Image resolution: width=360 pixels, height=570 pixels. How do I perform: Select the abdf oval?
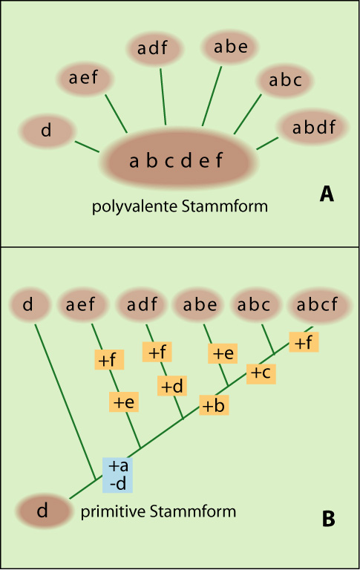click(x=313, y=127)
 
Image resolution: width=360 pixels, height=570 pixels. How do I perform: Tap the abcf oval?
click(x=317, y=304)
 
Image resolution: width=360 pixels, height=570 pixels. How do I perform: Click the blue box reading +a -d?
click(x=117, y=475)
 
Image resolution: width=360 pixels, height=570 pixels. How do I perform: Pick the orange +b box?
click(x=214, y=405)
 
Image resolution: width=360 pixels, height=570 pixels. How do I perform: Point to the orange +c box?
click(x=261, y=374)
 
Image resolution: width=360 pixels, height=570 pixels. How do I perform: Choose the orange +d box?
click(x=172, y=386)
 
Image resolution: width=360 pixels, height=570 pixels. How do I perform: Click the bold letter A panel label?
click(x=327, y=194)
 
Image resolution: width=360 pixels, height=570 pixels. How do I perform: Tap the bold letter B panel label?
click(x=328, y=519)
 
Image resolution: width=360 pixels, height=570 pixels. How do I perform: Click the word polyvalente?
click(x=134, y=207)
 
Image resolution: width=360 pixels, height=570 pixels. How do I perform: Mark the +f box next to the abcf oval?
click(x=304, y=342)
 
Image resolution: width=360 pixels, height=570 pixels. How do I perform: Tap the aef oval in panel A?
click(x=85, y=78)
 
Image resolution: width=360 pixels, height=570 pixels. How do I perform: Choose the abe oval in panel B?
click(x=200, y=304)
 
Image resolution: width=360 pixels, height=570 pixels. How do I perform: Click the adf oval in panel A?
click(x=154, y=48)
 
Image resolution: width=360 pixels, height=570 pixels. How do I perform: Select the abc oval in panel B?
click(x=254, y=304)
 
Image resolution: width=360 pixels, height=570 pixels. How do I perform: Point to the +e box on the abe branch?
click(x=223, y=353)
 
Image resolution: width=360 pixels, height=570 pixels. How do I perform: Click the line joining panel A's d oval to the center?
click(x=87, y=146)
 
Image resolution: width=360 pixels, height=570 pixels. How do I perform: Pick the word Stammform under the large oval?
click(x=225, y=206)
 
